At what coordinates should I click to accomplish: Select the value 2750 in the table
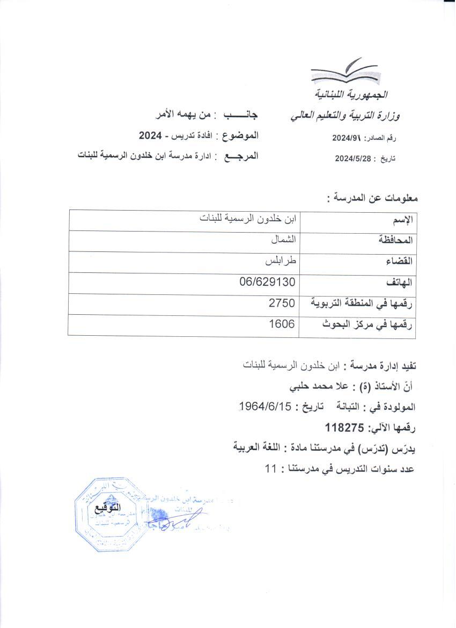pyautogui.click(x=282, y=304)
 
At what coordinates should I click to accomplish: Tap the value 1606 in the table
pyautogui.click(x=282, y=324)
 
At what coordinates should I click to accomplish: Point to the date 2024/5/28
pyautogui.click(x=353, y=158)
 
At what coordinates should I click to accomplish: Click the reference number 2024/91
pyautogui.click(x=348, y=138)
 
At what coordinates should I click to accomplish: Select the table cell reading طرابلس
pyautogui.click(x=282, y=262)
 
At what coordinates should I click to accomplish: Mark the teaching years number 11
pyautogui.click(x=270, y=468)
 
